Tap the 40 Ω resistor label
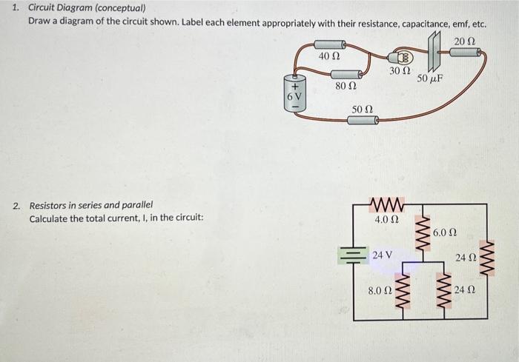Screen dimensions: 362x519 click(x=328, y=56)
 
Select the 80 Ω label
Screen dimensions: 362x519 click(x=346, y=86)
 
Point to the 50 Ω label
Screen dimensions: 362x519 click(x=363, y=110)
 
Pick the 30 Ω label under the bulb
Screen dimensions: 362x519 click(x=399, y=71)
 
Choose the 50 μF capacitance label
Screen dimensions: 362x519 click(x=430, y=78)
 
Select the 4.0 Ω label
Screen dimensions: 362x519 click(x=387, y=220)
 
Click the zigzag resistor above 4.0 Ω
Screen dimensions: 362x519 click(x=386, y=204)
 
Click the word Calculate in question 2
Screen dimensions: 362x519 click(x=49, y=219)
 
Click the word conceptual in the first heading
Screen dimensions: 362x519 click(x=122, y=8)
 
